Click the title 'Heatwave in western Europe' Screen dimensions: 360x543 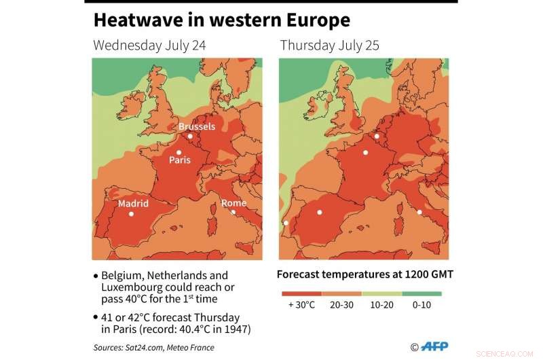(221, 20)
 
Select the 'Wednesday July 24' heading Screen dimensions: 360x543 (149, 46)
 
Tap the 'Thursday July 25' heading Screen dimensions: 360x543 (329, 46)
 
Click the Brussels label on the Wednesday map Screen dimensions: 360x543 (197, 126)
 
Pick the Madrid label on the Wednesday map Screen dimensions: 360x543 (133, 203)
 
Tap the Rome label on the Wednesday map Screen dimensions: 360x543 (233, 203)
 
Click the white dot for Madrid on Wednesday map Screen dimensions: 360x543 (132, 214)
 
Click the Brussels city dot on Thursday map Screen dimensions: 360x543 (377, 136)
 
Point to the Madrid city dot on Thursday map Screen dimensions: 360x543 (319, 213)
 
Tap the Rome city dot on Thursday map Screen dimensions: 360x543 (419, 213)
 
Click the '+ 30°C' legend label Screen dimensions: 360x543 (301, 305)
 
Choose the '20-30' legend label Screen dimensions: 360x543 (341, 305)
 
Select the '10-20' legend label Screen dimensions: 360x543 (381, 305)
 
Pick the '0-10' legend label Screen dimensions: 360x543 (422, 305)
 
